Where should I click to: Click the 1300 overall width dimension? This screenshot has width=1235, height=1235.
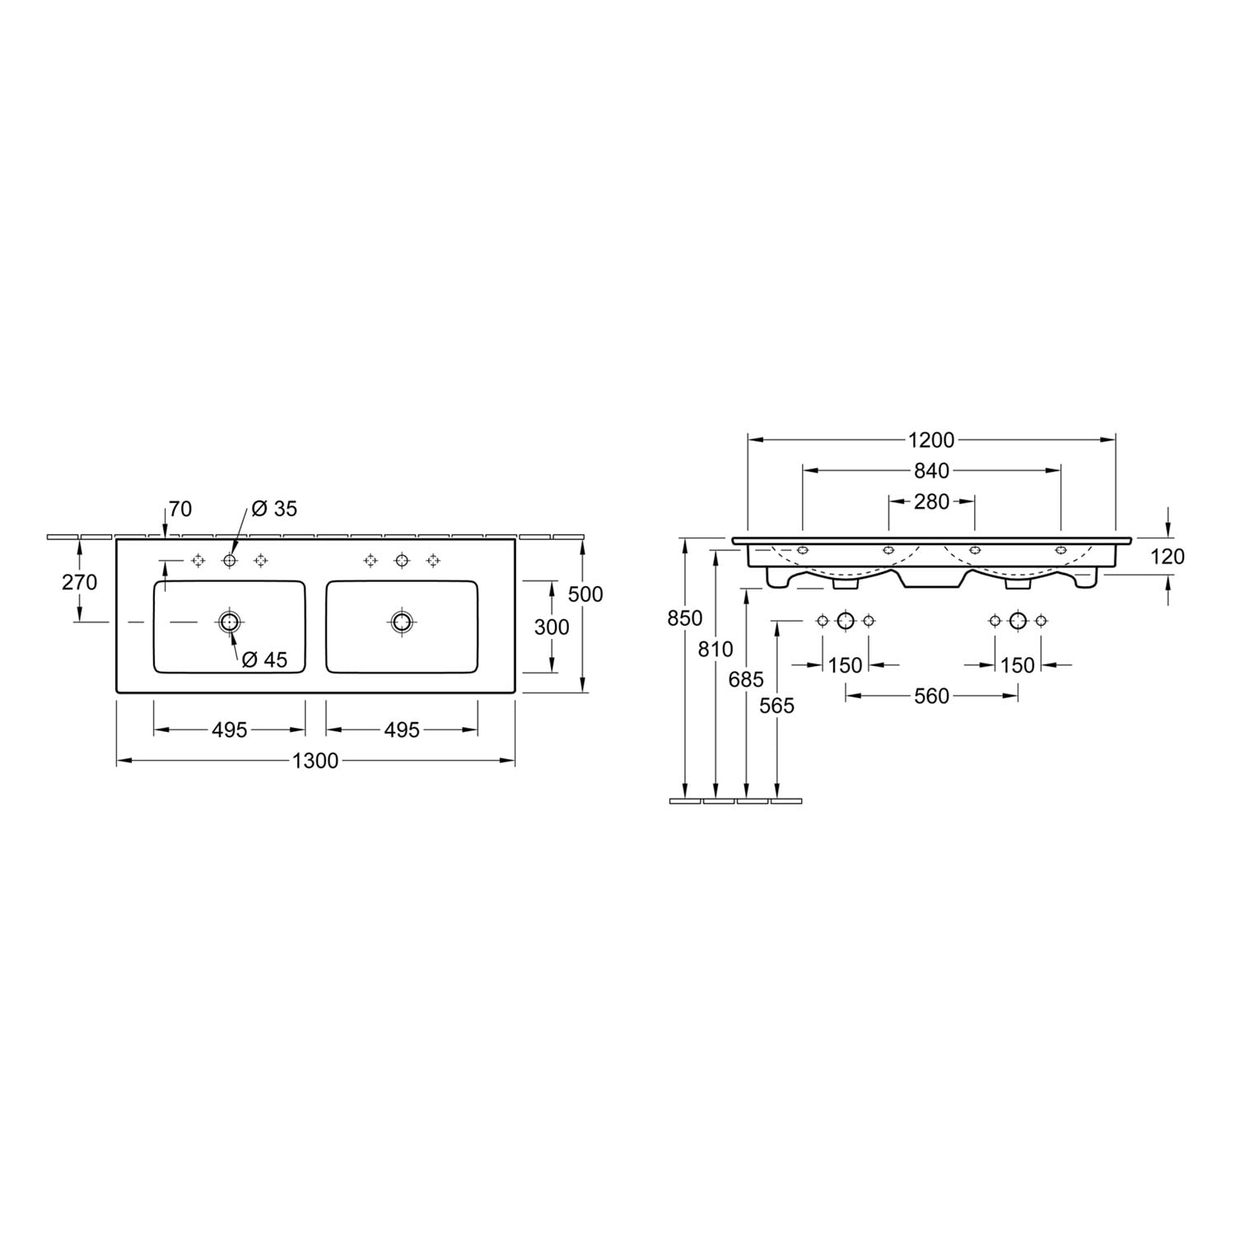(x=316, y=761)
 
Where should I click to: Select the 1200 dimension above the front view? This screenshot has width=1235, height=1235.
(x=931, y=440)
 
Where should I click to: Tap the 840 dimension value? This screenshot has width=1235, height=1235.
(x=931, y=471)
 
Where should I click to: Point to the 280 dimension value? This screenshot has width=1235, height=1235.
(x=931, y=501)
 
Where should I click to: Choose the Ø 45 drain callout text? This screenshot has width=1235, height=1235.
(x=264, y=659)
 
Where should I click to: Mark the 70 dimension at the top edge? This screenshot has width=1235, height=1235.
(x=180, y=510)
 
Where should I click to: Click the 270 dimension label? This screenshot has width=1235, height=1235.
(x=80, y=582)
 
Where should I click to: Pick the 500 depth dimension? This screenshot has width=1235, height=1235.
(x=585, y=594)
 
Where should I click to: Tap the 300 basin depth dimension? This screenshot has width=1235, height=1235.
(x=552, y=627)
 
